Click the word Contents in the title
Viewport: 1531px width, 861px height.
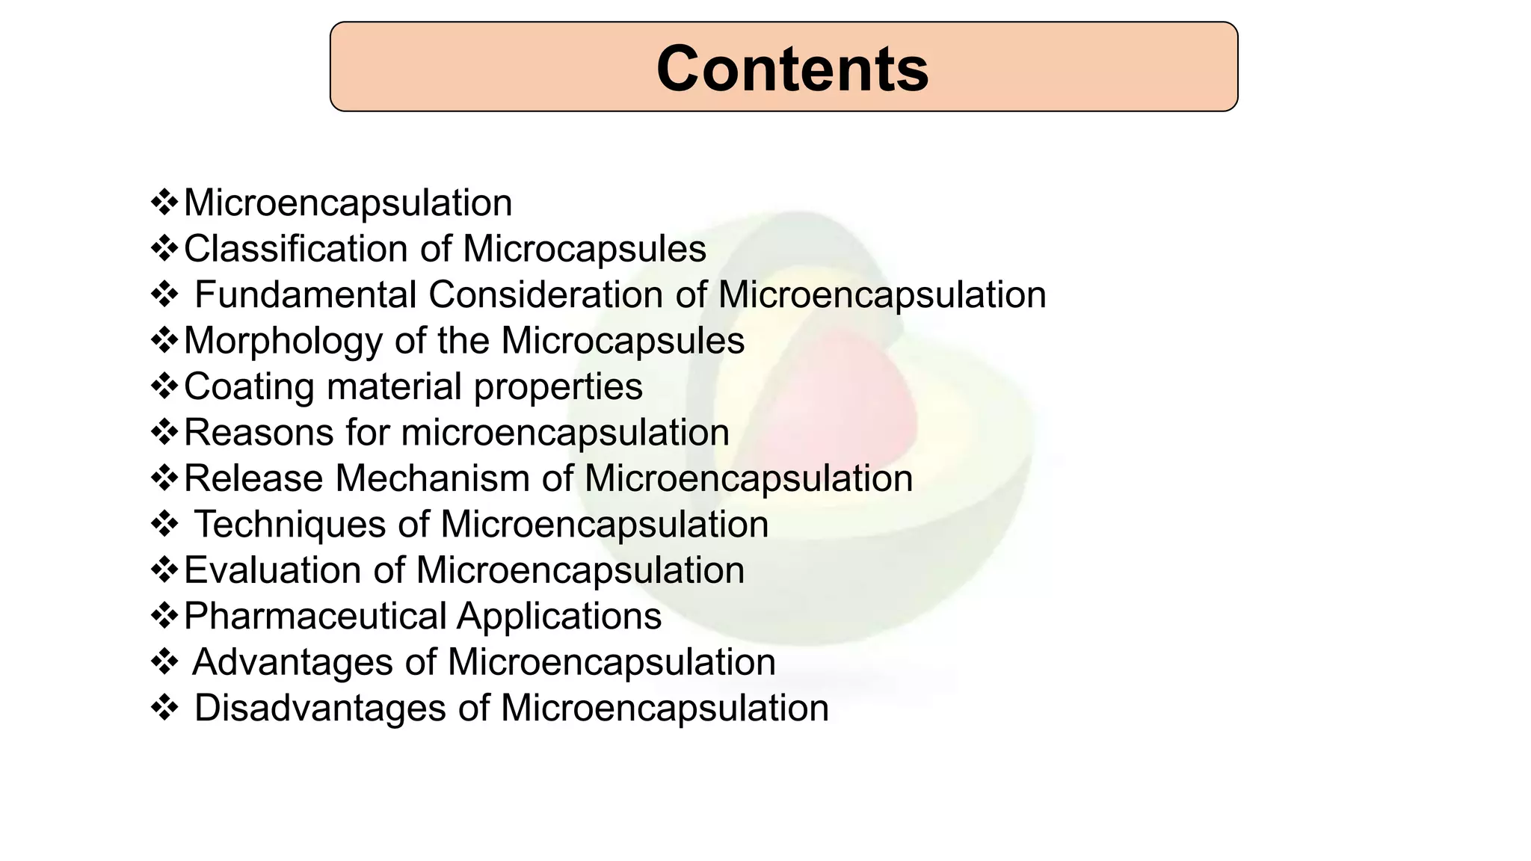click(792, 69)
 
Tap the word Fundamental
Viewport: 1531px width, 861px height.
click(305, 294)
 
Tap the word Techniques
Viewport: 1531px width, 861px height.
click(289, 524)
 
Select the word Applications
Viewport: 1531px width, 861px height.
click(558, 617)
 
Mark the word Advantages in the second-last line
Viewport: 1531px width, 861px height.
click(292, 662)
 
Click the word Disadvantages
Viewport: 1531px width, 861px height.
click(319, 708)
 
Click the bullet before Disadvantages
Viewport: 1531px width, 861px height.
click(164, 708)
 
